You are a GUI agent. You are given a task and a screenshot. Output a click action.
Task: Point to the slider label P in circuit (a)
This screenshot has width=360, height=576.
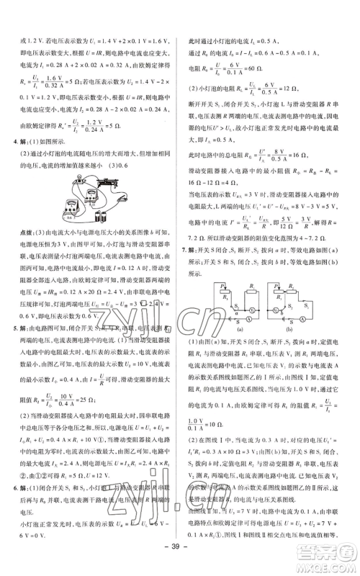[203, 287]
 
